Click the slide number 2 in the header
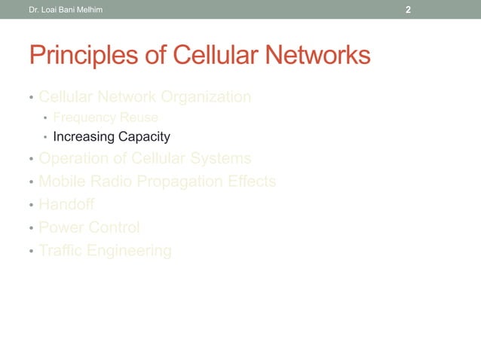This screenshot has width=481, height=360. [x=408, y=10]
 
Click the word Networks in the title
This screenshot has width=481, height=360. [x=318, y=56]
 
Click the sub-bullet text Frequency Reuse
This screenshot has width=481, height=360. [x=105, y=117]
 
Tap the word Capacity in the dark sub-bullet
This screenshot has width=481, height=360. [x=143, y=137]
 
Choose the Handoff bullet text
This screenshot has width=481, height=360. [x=66, y=205]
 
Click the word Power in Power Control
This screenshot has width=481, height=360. [x=61, y=227]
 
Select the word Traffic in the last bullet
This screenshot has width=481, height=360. [x=62, y=251]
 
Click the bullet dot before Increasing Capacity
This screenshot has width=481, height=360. [x=45, y=138]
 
